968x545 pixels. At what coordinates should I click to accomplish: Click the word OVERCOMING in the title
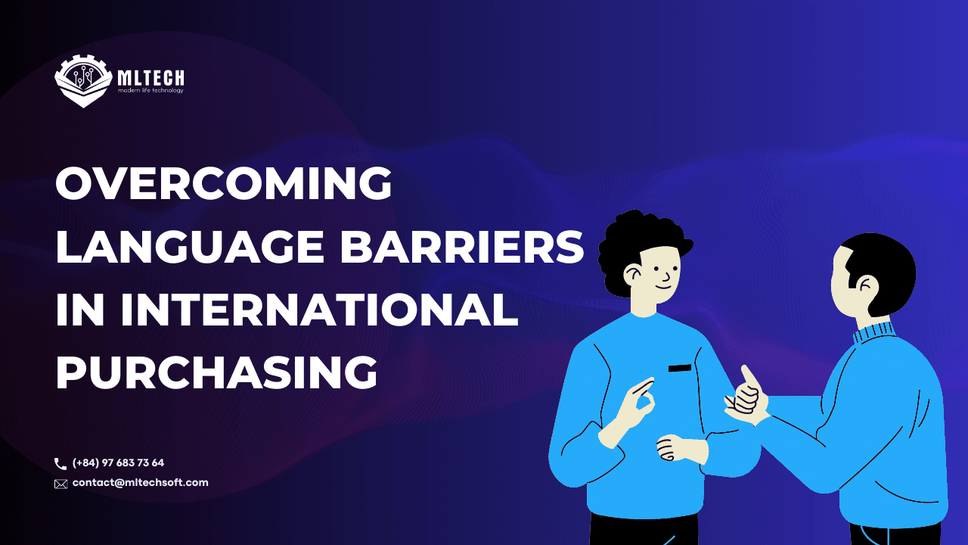coord(223,183)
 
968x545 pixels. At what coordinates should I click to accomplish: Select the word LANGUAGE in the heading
coord(190,247)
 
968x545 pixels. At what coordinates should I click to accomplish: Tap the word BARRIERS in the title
coord(462,247)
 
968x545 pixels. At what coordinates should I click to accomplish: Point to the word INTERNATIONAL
coord(319,310)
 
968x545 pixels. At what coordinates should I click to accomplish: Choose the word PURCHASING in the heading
coord(216,373)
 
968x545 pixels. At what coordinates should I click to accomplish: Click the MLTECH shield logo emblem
coord(83,81)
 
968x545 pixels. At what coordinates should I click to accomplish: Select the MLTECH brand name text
coord(150,78)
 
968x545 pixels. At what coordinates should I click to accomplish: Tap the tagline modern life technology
coord(150,90)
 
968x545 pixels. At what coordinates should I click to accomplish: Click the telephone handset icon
coord(60,464)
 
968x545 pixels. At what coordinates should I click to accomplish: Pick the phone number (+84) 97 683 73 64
coord(118,462)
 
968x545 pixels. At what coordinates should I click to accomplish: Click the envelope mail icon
coord(61,484)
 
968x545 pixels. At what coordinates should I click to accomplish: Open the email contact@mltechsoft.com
coord(140,482)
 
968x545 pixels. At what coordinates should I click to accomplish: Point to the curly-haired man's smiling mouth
coord(664,288)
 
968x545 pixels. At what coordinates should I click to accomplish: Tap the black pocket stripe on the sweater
coord(680,368)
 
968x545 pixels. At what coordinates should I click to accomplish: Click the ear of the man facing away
coord(866,286)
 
